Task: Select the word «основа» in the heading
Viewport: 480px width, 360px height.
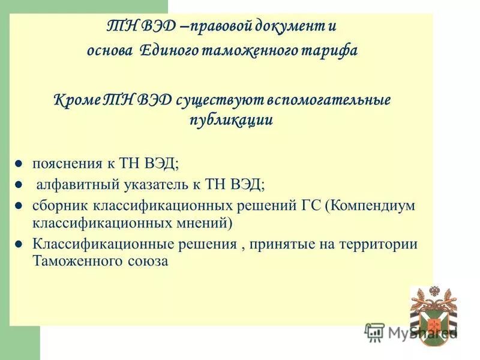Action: (110, 50)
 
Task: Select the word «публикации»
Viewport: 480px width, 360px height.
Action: (231, 119)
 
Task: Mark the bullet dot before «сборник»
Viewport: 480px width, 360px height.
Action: (19, 205)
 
